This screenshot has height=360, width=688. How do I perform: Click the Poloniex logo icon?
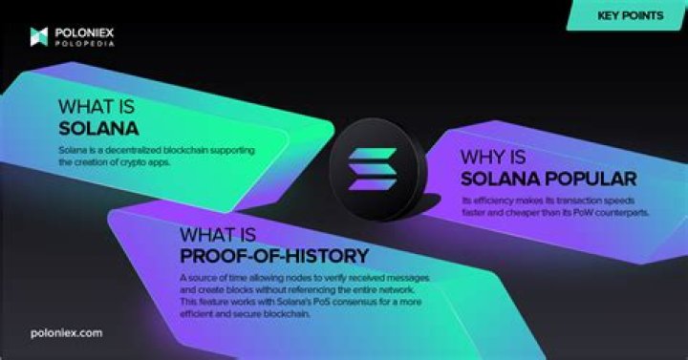[38, 36]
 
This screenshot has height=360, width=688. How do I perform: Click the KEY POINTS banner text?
[632, 15]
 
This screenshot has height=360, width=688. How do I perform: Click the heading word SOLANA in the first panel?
[99, 128]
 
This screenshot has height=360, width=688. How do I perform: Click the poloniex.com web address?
[66, 332]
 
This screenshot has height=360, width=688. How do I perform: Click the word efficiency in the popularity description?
[495, 200]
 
